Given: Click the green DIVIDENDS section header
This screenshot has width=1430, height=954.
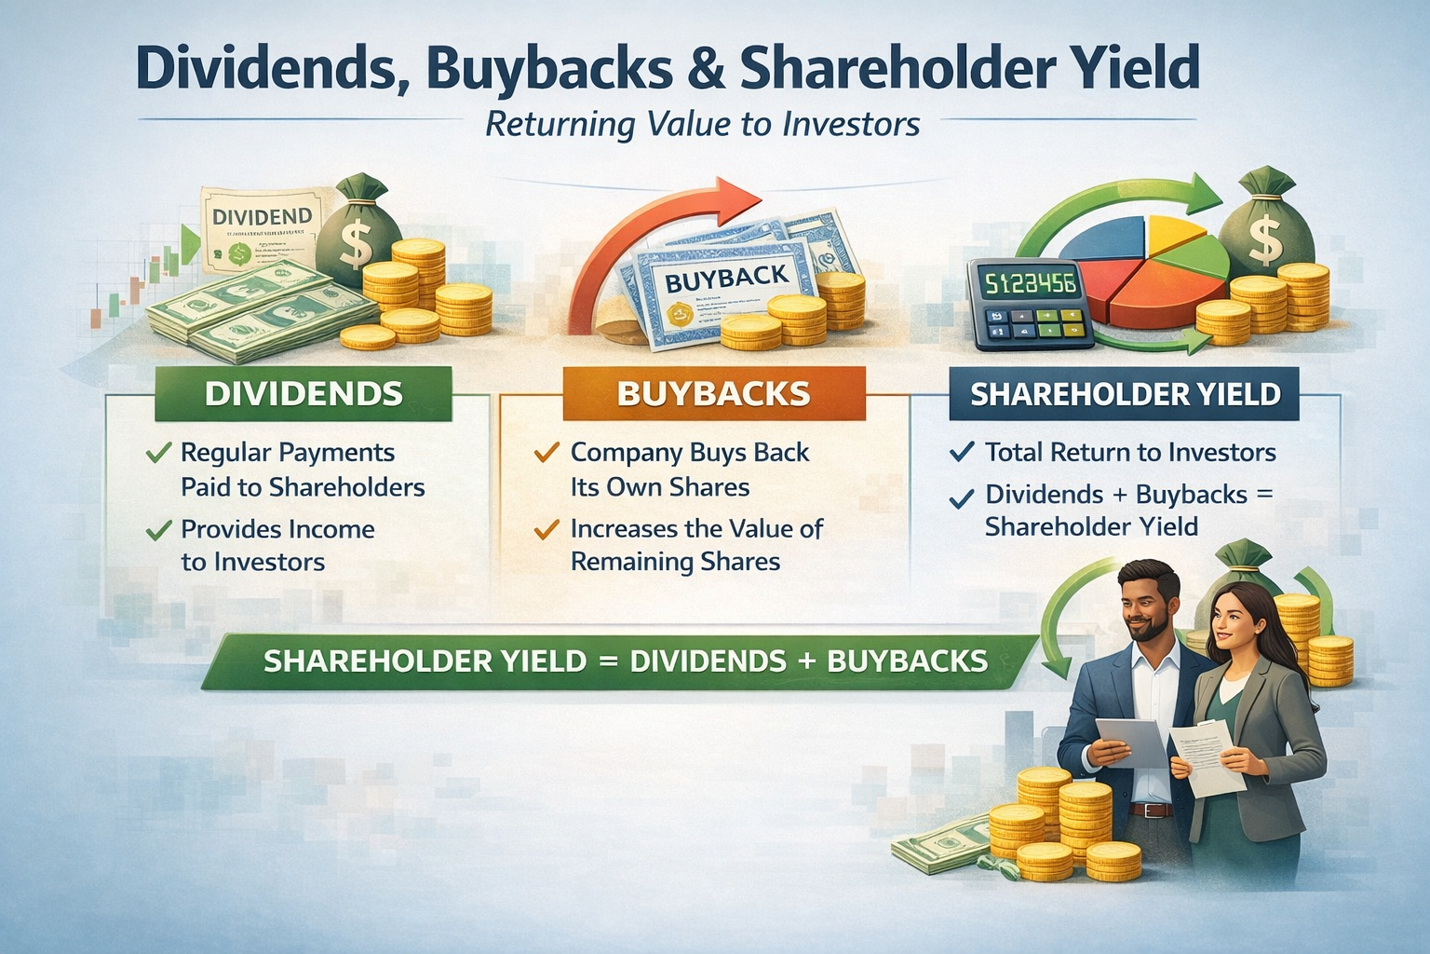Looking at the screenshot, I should [304, 393].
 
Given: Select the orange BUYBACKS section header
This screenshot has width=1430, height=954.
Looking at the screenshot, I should [713, 393].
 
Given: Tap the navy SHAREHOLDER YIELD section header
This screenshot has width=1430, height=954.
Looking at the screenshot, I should [1125, 394].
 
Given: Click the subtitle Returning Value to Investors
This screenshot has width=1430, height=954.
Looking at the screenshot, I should [703, 124].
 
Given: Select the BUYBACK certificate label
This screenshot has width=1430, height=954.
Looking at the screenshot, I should [728, 278].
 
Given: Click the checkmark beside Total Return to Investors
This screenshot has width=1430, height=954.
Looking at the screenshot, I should [961, 453].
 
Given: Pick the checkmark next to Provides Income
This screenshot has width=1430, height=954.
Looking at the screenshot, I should [159, 530].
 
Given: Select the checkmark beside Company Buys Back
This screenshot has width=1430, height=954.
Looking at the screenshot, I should [546, 454].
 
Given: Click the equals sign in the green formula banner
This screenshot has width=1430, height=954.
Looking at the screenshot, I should [608, 661].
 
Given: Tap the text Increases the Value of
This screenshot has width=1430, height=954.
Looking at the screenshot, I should [696, 529].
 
